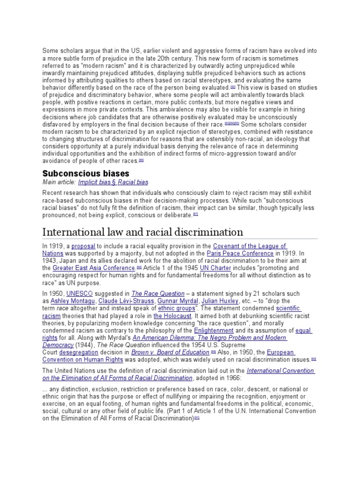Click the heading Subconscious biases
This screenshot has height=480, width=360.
(x=86, y=173)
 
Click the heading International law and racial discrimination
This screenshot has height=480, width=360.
(x=143, y=232)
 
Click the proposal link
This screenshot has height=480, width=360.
(x=83, y=246)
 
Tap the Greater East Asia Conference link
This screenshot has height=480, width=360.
(x=94, y=268)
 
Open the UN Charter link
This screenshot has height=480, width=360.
(x=216, y=268)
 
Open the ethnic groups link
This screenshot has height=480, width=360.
(x=176, y=308)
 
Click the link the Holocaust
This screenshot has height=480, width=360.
(x=172, y=316)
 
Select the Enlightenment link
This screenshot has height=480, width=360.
(x=214, y=330)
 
